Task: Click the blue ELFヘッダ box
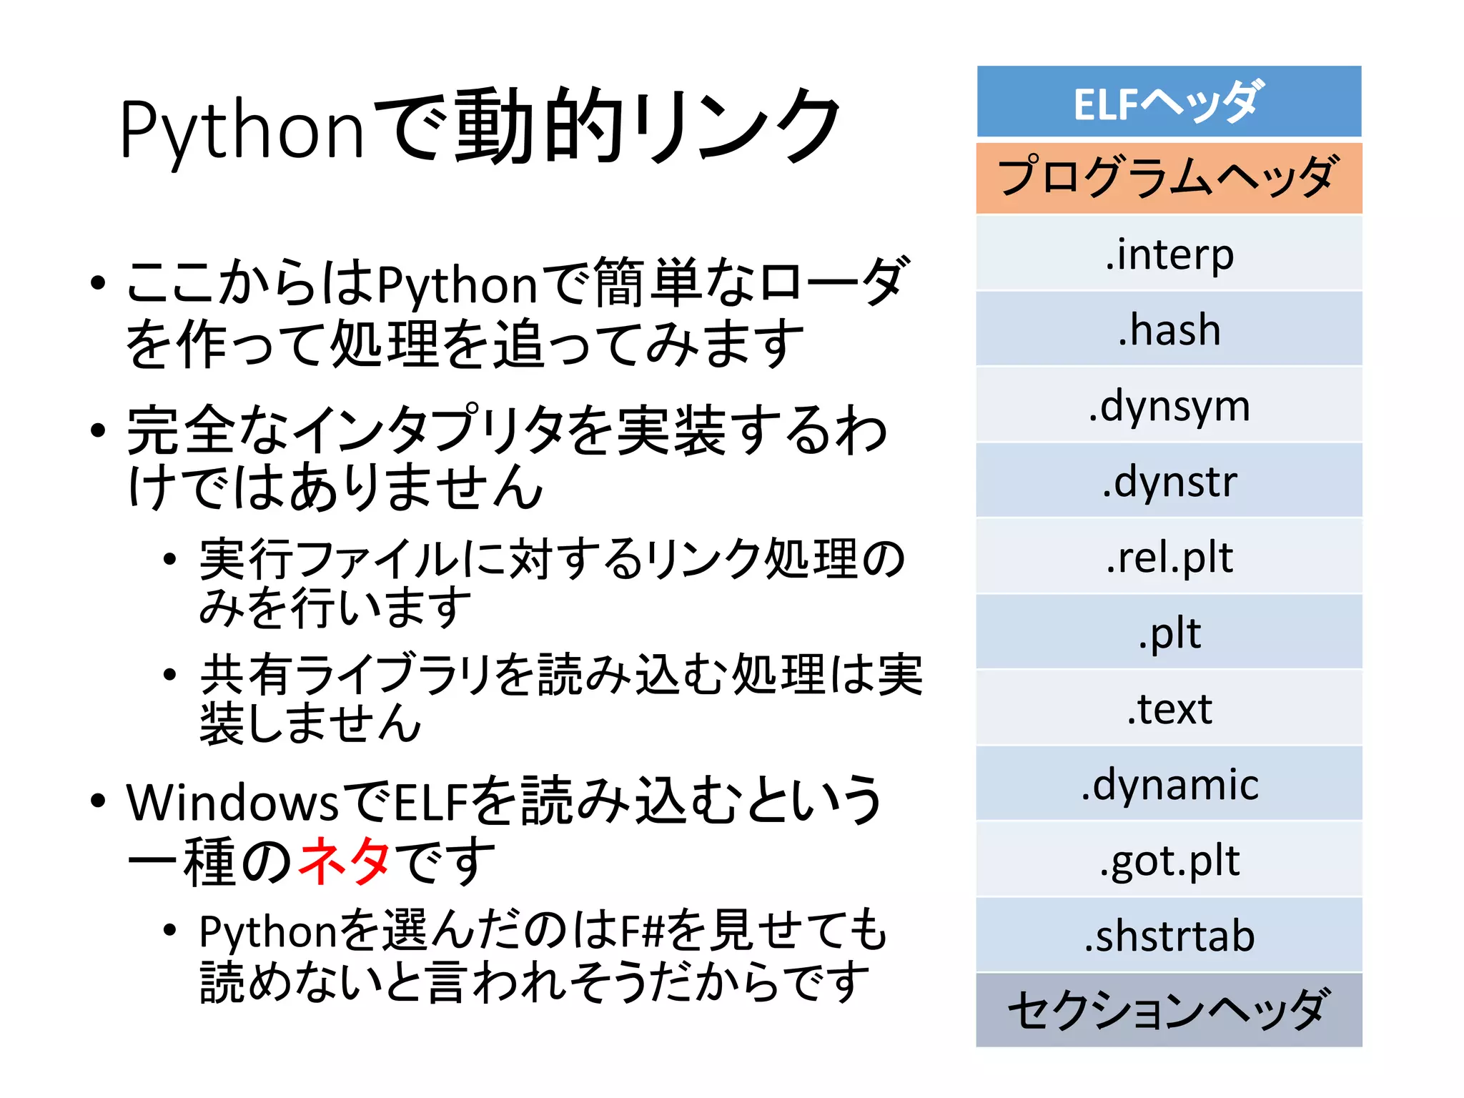[x=1169, y=102]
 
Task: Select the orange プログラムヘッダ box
[x=1169, y=178]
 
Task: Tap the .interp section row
[x=1169, y=254]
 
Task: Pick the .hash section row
[x=1169, y=330]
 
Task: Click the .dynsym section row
[x=1169, y=405]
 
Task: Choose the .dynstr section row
[x=1169, y=481]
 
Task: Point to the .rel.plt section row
[x=1169, y=557]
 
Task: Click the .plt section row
[x=1169, y=633]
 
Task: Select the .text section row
[x=1169, y=708]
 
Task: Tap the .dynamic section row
[x=1169, y=784]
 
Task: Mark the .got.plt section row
[x=1169, y=860]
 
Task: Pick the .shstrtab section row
[x=1169, y=936]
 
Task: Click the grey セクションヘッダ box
[x=1169, y=1010]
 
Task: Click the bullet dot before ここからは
[x=99, y=283]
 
